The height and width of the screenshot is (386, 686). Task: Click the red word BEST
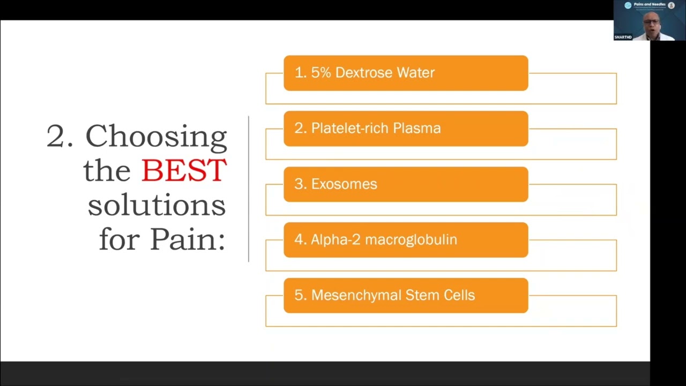point(184,170)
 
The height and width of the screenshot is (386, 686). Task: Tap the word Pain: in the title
point(187,239)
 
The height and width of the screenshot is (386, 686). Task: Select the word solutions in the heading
point(156,205)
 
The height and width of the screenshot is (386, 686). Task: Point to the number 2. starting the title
point(62,136)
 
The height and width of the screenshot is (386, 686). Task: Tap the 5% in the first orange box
point(321,73)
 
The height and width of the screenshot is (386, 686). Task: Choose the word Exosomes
point(344,184)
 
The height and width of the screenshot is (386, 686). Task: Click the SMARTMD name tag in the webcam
point(623,37)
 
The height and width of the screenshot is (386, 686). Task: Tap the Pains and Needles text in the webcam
point(650,5)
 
